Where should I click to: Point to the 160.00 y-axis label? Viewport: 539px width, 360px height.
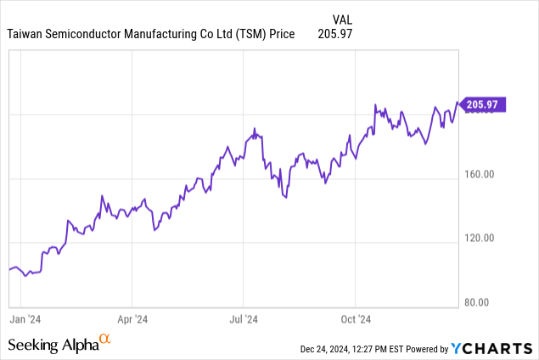pos(479,174)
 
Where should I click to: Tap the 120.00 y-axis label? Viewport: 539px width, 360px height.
pos(479,238)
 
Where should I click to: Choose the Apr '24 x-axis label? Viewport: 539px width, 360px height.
pos(132,320)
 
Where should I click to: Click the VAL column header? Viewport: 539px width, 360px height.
pos(340,19)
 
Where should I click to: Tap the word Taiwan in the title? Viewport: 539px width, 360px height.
pos(26,34)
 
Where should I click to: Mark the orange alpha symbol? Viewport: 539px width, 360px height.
pos(105,340)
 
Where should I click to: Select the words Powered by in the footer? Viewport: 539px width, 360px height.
pos(431,349)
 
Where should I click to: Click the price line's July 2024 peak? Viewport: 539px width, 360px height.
pos(255,128)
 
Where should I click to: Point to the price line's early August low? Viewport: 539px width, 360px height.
pos(284,197)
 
